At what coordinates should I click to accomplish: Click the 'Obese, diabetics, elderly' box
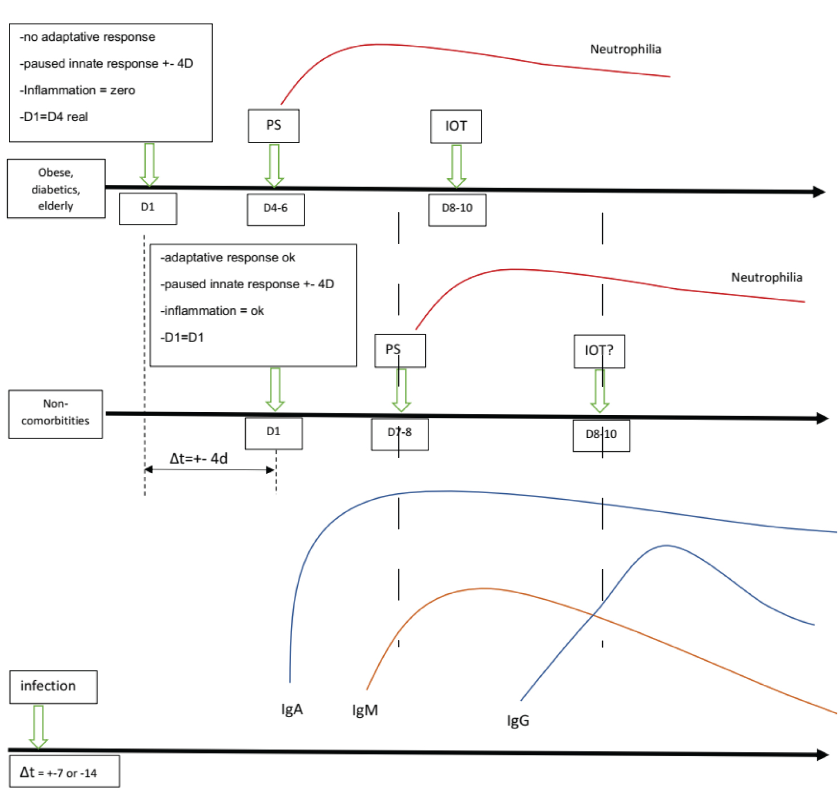point(56,189)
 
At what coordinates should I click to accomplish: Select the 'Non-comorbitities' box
point(55,413)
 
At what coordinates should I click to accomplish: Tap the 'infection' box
point(53,686)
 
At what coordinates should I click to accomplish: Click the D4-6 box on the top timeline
point(275,209)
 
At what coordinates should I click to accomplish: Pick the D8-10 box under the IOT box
point(457,209)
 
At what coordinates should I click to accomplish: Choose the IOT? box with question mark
point(599,351)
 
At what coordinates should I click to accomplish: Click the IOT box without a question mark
point(456,126)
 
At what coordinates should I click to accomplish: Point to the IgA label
point(292,709)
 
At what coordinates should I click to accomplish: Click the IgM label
point(365,710)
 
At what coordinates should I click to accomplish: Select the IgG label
point(518,721)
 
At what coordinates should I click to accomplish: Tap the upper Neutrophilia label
point(626,49)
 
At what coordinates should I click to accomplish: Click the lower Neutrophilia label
point(766,278)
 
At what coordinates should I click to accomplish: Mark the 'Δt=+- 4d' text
point(199,459)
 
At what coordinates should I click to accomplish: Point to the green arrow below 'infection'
point(38,726)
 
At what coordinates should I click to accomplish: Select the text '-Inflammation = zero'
point(77,90)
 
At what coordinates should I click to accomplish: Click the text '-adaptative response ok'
point(227,257)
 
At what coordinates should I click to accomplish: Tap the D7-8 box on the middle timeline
point(399,433)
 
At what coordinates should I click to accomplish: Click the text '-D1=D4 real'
point(54,117)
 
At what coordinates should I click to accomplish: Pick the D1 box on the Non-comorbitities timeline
point(273,432)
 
